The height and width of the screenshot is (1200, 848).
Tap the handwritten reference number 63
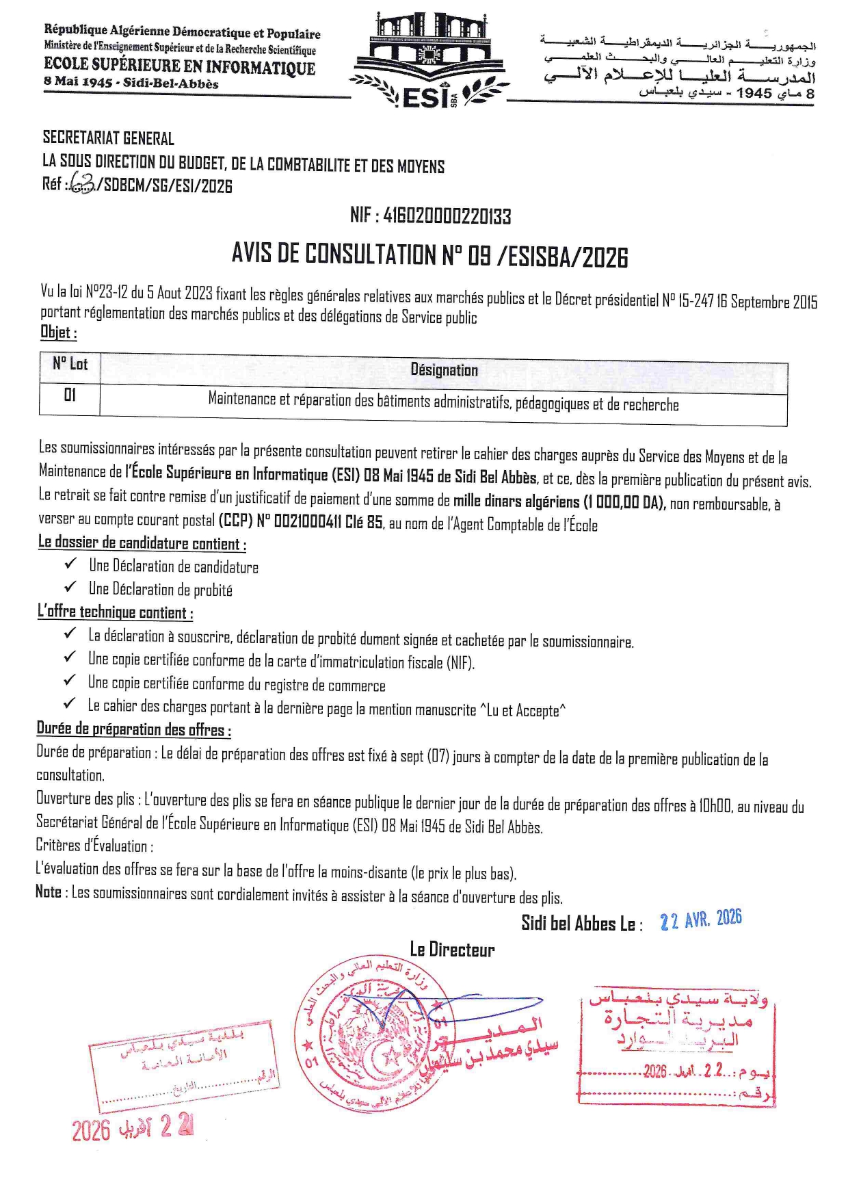82,185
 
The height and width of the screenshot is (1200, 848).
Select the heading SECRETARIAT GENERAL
108,138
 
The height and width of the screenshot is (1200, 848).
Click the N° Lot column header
70,364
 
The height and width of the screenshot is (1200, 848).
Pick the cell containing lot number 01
70,395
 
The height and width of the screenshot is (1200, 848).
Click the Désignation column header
444,370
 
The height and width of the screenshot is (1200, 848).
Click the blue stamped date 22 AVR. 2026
700,919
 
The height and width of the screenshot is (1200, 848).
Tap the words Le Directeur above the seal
452,949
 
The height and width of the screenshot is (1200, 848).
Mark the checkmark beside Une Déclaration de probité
70,587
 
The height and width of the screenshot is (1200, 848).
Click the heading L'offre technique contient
115,612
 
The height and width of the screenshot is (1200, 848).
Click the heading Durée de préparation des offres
133,729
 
